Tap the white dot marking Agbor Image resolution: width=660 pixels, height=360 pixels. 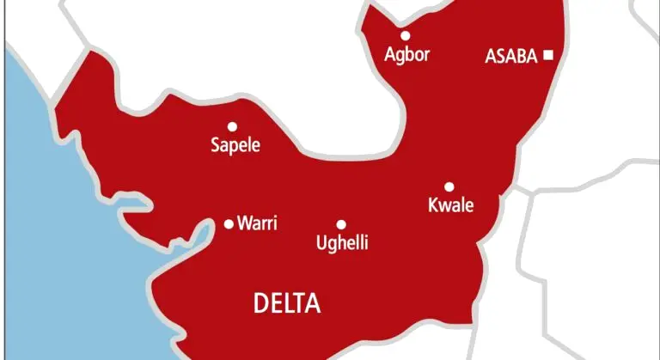coord(406,36)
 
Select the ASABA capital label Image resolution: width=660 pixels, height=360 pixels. coord(512,57)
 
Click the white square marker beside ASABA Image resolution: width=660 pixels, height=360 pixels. coord(547,56)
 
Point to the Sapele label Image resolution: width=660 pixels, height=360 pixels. coord(235,146)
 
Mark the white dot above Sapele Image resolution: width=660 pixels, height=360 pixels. coord(232,126)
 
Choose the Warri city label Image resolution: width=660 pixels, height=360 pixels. coord(257,223)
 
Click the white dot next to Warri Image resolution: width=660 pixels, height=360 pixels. coord(229,223)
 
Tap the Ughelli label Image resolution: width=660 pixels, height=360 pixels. coord(343,243)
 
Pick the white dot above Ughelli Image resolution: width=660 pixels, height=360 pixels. coord(341,224)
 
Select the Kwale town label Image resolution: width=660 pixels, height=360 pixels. coord(450,205)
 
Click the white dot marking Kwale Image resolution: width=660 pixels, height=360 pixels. coord(449,186)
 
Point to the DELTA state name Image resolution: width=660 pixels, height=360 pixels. coord(287,302)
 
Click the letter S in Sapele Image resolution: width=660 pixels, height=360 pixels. coord(216,146)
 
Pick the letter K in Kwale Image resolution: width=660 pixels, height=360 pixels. coord(432,205)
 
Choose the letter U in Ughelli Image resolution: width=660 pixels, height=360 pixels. coord(322,243)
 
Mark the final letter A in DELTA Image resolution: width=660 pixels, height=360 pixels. coord(313,302)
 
